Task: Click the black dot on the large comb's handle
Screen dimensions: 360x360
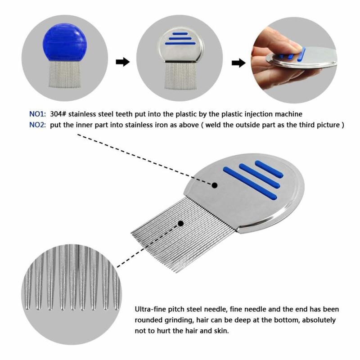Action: (215, 185)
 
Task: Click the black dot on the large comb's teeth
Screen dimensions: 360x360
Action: (181, 223)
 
